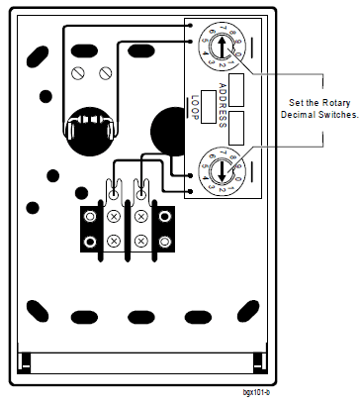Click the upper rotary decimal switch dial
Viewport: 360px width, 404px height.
212,47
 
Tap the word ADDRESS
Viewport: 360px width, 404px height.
223,104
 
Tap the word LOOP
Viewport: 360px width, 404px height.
195,106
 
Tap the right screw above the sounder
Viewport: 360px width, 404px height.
104,72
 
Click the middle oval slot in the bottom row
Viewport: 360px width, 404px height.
141,317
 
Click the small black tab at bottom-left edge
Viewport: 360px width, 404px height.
27,358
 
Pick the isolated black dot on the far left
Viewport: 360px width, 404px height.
34,207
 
